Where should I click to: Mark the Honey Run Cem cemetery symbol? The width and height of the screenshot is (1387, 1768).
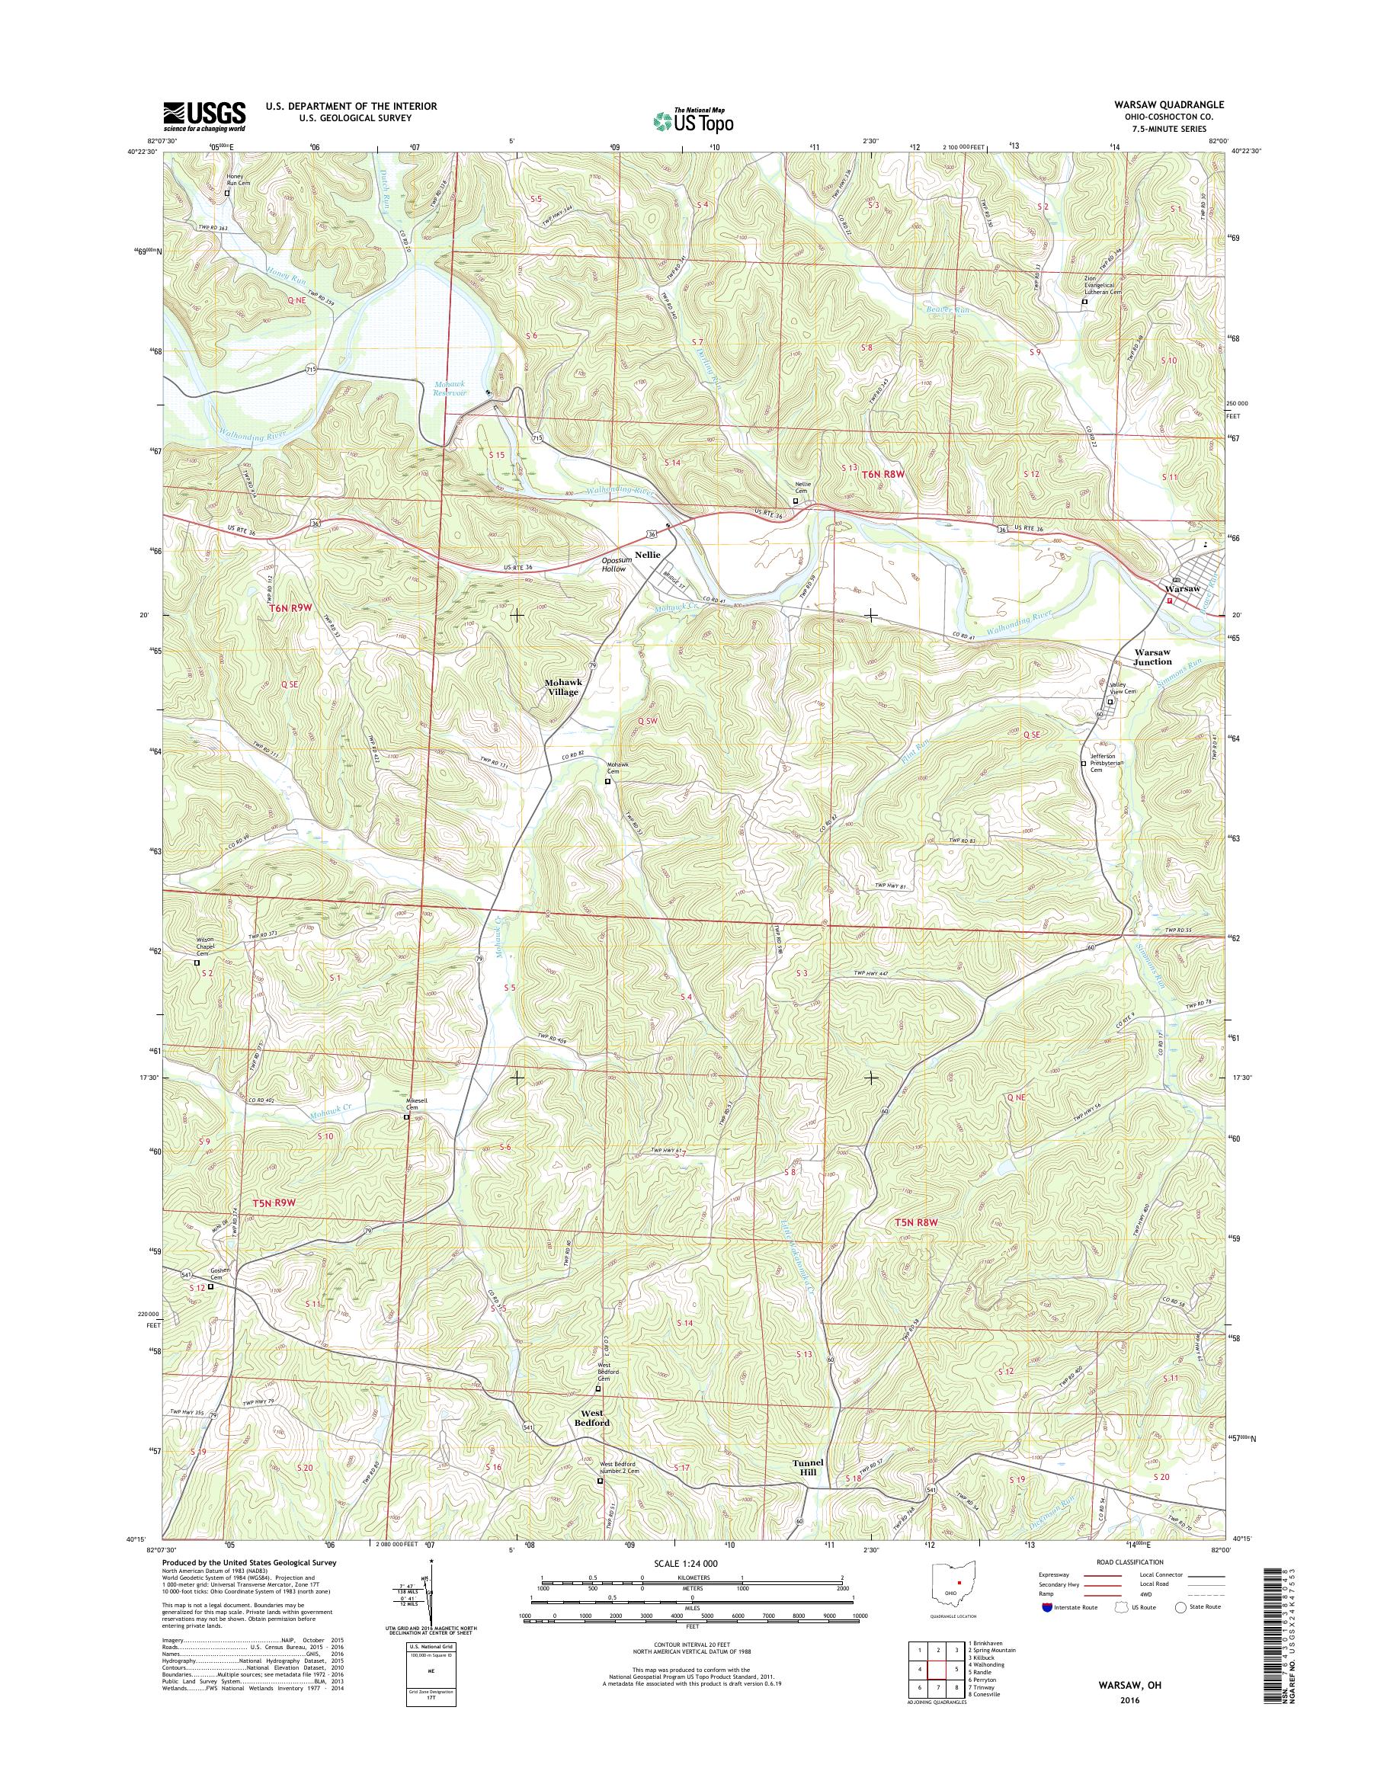coord(227,194)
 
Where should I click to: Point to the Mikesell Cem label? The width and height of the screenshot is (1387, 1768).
coord(416,1106)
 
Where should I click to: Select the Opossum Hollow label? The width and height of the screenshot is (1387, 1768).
coord(614,565)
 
